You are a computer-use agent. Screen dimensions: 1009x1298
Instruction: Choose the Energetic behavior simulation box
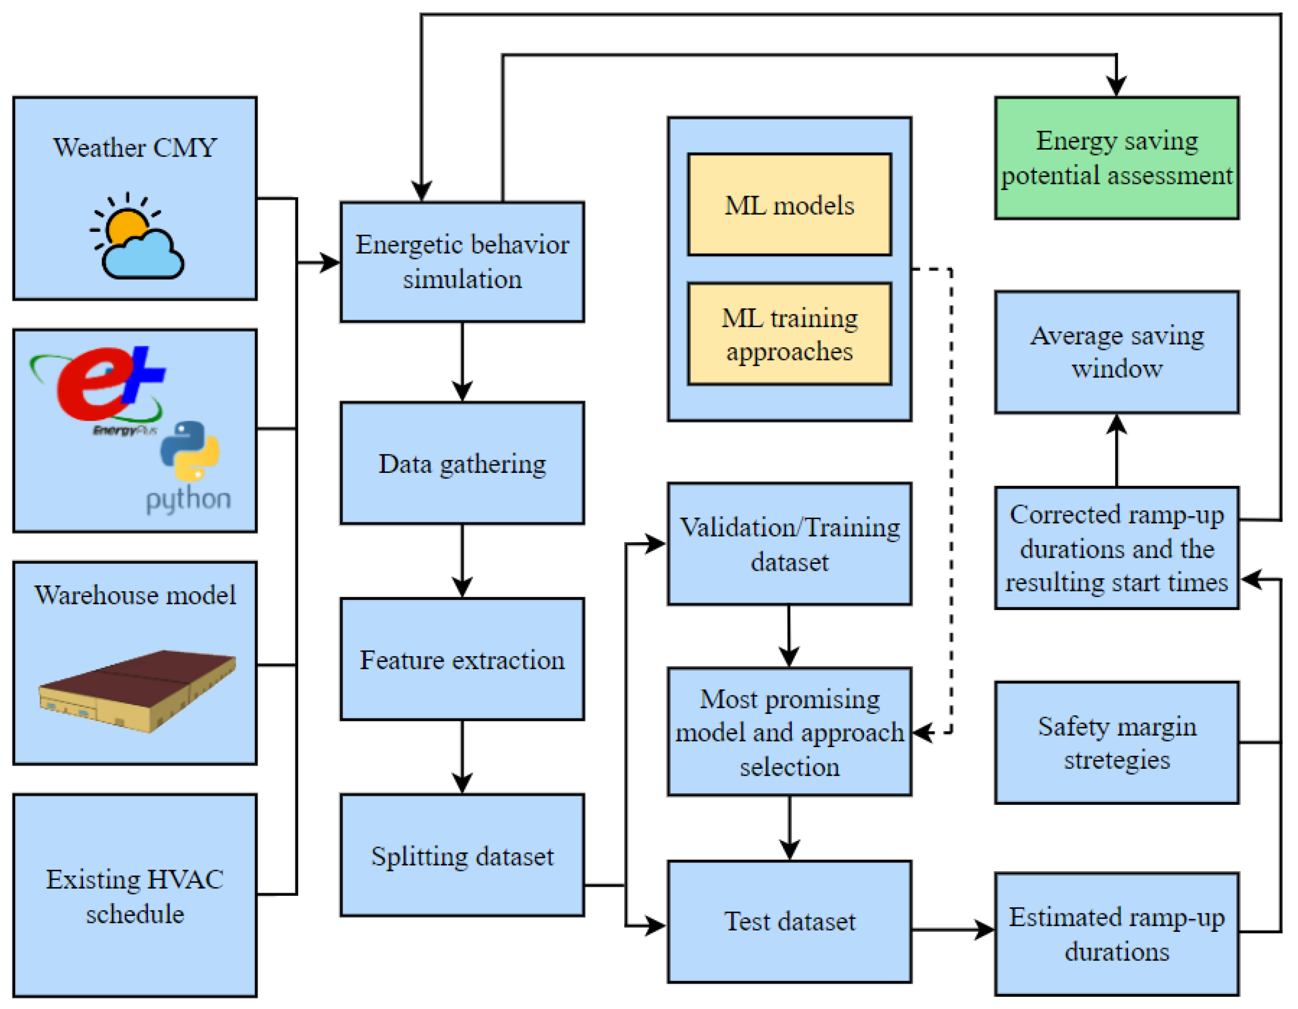pos(462,262)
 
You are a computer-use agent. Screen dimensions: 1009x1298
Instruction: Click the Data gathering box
pos(462,464)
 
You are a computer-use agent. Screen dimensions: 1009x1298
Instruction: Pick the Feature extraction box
pos(462,659)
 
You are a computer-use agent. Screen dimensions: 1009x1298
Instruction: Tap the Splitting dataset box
pos(462,856)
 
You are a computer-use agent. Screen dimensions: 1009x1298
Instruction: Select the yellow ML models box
pos(789,205)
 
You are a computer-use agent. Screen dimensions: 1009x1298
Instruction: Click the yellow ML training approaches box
pos(789,334)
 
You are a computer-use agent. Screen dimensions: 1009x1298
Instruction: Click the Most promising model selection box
pos(789,732)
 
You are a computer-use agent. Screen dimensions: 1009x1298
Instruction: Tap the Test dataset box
pos(789,922)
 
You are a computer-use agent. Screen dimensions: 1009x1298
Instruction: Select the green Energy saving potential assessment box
pos(1117,158)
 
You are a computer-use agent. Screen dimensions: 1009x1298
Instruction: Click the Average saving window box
pos(1117,352)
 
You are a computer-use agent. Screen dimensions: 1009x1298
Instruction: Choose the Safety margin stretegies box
pos(1117,743)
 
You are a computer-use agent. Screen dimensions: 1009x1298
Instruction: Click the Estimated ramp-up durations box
pos(1117,934)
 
